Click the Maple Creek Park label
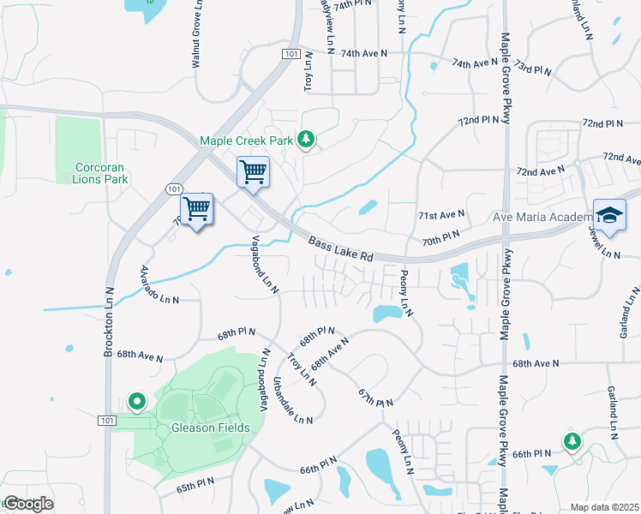[247, 140]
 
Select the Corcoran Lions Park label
[102, 173]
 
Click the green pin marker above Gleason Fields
[136, 400]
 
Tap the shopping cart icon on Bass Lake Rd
[253, 171]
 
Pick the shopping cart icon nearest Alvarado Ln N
[197, 208]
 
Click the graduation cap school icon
[609, 216]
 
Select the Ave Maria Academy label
[542, 217]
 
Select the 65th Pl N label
[195, 486]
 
